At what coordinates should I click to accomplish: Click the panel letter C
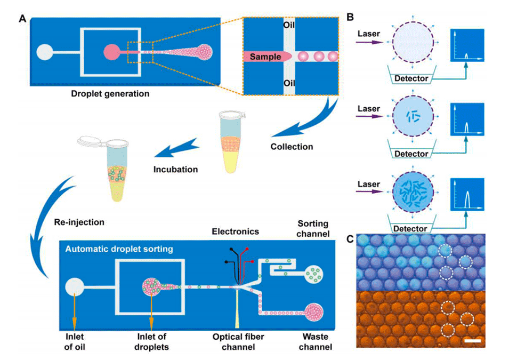tap(350, 239)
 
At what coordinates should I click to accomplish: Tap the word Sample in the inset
tap(267, 56)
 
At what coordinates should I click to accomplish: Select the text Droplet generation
tap(110, 94)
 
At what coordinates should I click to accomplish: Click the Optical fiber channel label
tap(238, 342)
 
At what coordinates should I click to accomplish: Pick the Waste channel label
tap(316, 342)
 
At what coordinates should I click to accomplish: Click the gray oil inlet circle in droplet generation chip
tap(45, 52)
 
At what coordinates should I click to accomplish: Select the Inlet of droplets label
tap(151, 342)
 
